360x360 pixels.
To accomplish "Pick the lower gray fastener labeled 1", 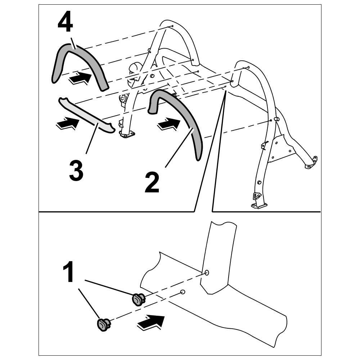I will coord(103,324).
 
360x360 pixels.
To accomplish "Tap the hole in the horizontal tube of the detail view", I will coord(183,292).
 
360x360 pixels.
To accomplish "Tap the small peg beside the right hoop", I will coord(278,119).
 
